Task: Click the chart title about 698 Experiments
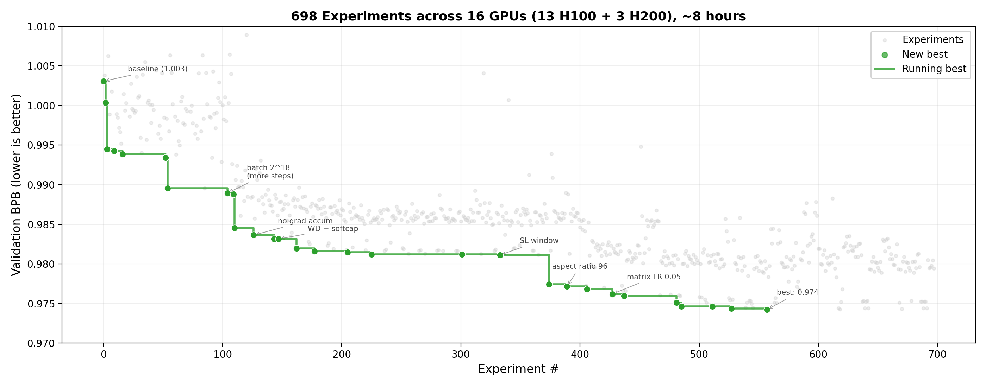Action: coord(518,17)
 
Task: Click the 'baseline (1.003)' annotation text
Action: coord(157,69)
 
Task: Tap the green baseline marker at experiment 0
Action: coord(104,82)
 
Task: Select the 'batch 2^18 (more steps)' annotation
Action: coord(270,172)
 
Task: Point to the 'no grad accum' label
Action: coord(305,221)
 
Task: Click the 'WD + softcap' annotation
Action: coord(333,229)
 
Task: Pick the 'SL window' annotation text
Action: coord(539,241)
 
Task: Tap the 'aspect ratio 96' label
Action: coord(580,267)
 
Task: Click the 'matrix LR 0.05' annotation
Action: coord(653,277)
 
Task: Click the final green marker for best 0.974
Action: coord(767,310)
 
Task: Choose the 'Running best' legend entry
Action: coord(934,69)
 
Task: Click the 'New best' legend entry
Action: coord(924,55)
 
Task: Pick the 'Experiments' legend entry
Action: coord(932,40)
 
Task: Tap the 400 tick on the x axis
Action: coord(580,355)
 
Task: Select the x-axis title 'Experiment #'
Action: coord(518,369)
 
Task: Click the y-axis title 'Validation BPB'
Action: coord(16,185)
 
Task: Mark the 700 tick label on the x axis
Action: coord(937,355)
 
